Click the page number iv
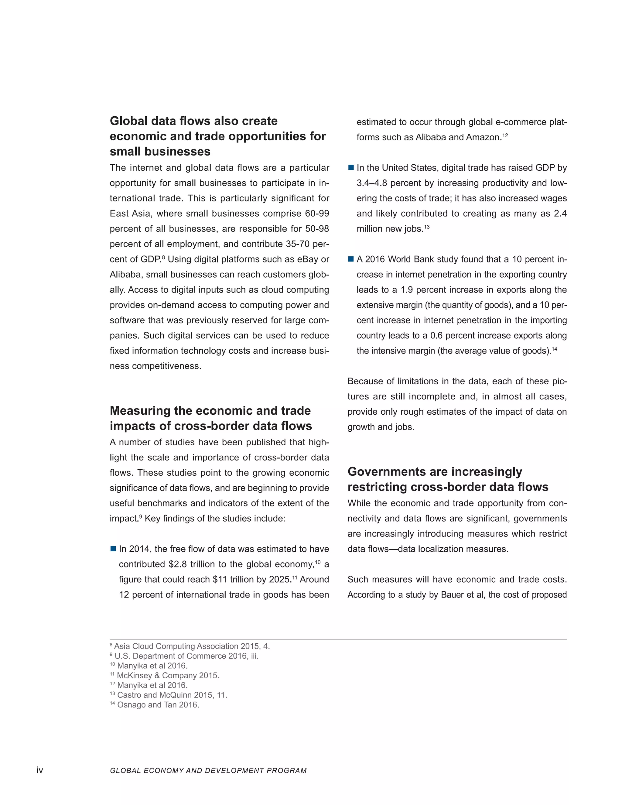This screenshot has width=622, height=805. click(x=40, y=770)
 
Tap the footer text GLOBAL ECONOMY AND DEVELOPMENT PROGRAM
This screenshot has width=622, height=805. click(x=208, y=770)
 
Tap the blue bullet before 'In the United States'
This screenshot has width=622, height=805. click(x=351, y=168)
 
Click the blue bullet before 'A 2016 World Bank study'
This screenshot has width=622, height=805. click(x=351, y=259)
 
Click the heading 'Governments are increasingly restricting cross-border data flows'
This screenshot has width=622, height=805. click(x=447, y=479)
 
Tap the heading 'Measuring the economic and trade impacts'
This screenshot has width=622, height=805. click(x=210, y=418)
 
